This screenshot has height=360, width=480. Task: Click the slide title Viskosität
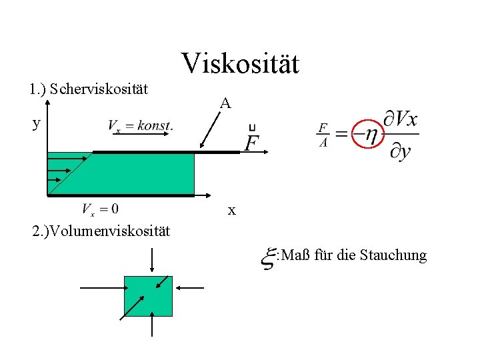[x=240, y=64]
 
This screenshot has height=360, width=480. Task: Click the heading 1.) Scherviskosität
[x=89, y=88]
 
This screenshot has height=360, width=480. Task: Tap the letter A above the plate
[x=226, y=103]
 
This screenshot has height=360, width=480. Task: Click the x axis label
[x=231, y=211]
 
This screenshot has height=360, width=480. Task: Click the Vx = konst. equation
[x=140, y=125]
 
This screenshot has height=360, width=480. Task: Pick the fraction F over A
[x=323, y=135]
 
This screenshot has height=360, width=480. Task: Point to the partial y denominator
[x=400, y=151]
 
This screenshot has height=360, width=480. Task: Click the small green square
[x=148, y=296]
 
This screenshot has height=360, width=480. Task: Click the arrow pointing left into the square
[x=191, y=287]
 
